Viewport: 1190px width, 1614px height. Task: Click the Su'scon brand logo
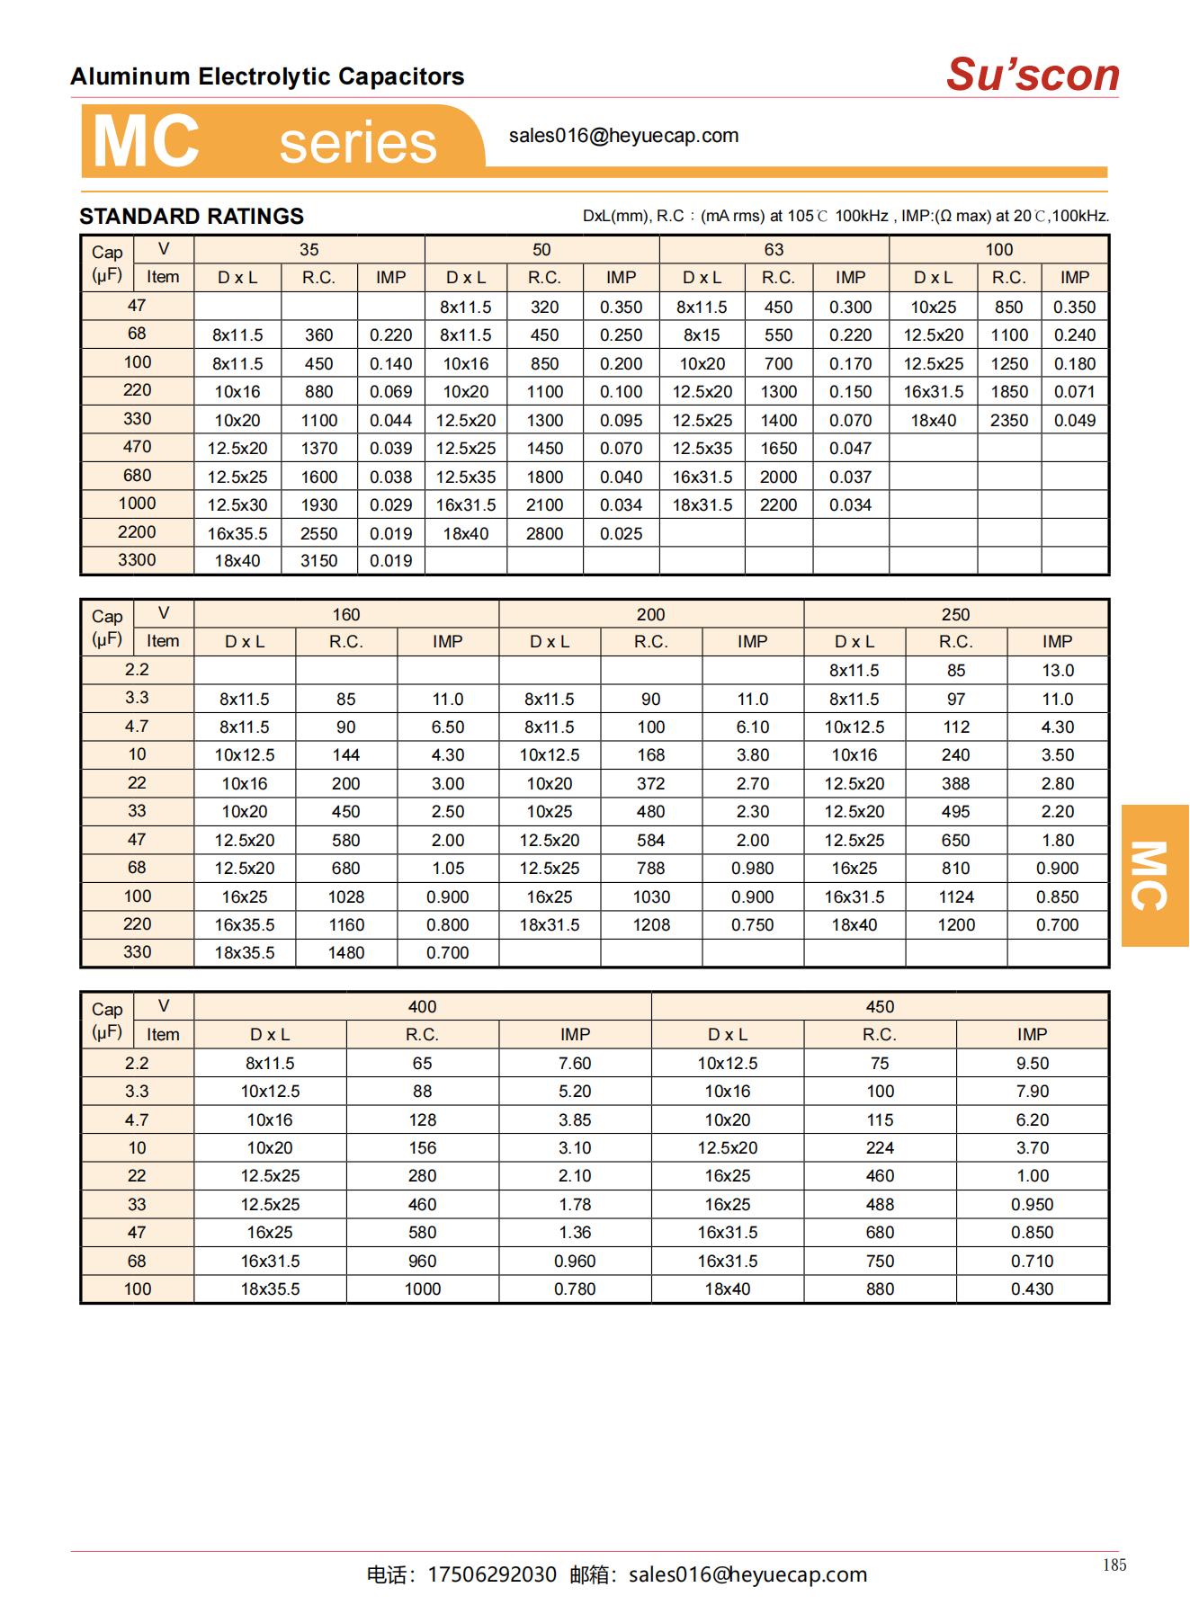(1032, 75)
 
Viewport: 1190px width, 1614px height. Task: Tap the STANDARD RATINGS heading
(192, 217)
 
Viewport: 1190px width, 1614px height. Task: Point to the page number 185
(1114, 1565)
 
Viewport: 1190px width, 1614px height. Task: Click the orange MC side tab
(1154, 875)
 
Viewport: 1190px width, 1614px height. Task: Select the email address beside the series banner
(623, 136)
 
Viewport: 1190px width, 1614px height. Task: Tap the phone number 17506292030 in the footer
(492, 1574)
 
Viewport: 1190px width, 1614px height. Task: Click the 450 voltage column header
(880, 1007)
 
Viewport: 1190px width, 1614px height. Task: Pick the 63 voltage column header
(774, 250)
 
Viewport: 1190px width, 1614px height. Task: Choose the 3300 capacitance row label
(137, 560)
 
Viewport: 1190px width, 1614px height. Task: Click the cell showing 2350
(1009, 420)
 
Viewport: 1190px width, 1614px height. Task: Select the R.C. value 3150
(319, 561)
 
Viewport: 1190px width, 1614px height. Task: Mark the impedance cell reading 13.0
(1058, 671)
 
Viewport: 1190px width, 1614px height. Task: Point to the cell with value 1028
(346, 897)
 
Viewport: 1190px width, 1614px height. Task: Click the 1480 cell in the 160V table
(346, 953)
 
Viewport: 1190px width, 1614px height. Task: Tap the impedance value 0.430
(1032, 1289)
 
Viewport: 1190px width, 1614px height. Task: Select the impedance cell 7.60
(575, 1064)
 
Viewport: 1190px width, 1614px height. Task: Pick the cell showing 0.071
(1075, 392)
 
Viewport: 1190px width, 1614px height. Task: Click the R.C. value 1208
(651, 925)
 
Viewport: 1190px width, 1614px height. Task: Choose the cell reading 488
(880, 1205)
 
